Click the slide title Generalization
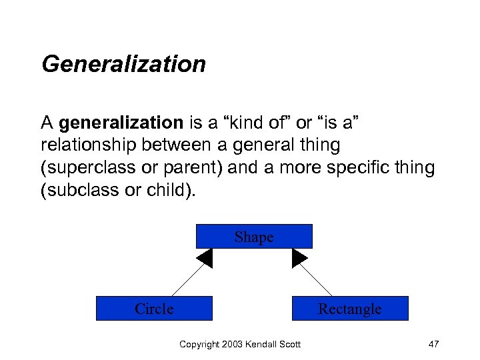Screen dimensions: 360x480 tap(123, 64)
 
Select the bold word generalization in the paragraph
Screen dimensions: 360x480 tap(121, 123)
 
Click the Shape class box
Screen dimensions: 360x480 tap(254, 237)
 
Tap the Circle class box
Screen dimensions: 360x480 tap(154, 309)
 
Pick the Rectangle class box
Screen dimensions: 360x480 tap(350, 309)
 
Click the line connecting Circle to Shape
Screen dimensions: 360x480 tap(189, 279)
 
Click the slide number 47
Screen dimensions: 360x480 tap(433, 344)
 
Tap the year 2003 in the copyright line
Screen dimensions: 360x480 tap(231, 344)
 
